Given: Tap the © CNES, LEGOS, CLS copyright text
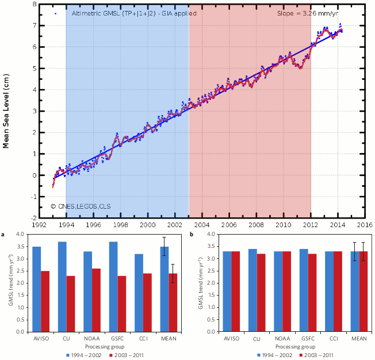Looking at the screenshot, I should [81, 206].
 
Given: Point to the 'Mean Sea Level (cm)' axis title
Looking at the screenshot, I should [6, 111].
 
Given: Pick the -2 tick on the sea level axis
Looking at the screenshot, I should [34, 219].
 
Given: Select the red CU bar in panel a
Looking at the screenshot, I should [71, 304].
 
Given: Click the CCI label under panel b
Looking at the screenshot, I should [334, 339].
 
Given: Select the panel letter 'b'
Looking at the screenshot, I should [192, 235].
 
